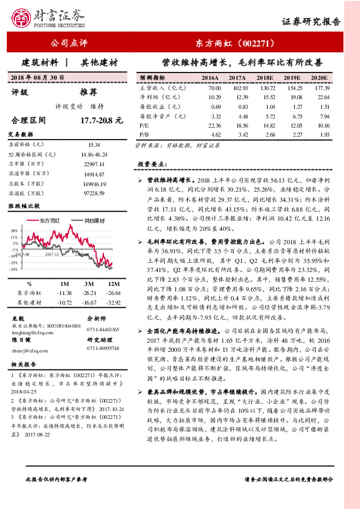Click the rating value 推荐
pos(89,92)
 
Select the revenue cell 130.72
pos(265,88)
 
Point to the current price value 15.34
pos(94,145)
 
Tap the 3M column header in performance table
pos(88,283)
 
